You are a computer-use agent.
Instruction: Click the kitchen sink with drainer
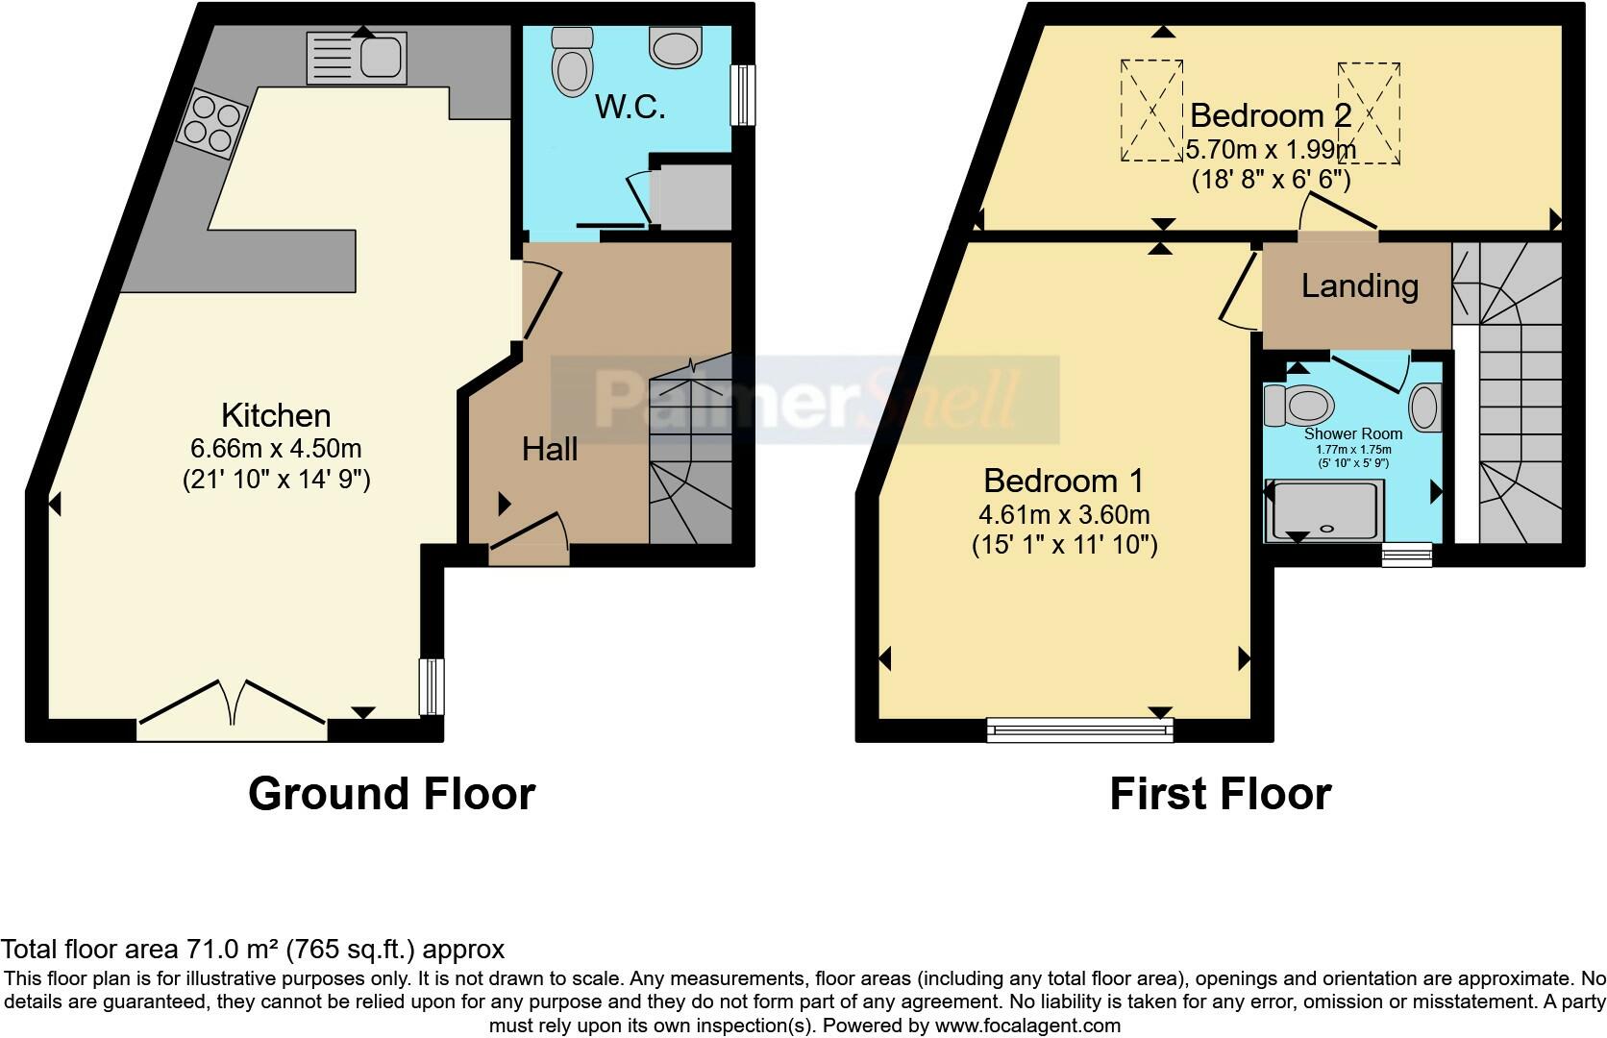[x=357, y=57]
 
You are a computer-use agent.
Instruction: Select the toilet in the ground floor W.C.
[x=572, y=60]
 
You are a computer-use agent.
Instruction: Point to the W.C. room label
[x=630, y=107]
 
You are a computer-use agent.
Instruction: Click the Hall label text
[x=550, y=449]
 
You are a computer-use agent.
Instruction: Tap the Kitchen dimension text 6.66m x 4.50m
[x=277, y=448]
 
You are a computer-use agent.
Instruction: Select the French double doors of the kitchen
[x=232, y=706]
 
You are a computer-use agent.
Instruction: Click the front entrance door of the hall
[x=529, y=538]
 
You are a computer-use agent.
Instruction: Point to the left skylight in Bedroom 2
[x=1151, y=111]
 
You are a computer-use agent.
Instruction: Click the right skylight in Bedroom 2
[x=1369, y=112]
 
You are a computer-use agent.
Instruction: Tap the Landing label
[x=1359, y=285]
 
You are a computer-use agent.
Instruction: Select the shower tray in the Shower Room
[x=1326, y=509]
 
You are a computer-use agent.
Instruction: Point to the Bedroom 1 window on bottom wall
[x=1080, y=731]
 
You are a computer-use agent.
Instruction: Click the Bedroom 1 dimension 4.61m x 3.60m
[x=1064, y=514]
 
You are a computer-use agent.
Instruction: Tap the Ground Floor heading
[x=391, y=794]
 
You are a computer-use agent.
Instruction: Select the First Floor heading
[x=1220, y=794]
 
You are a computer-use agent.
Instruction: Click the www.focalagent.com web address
[x=1027, y=1026]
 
